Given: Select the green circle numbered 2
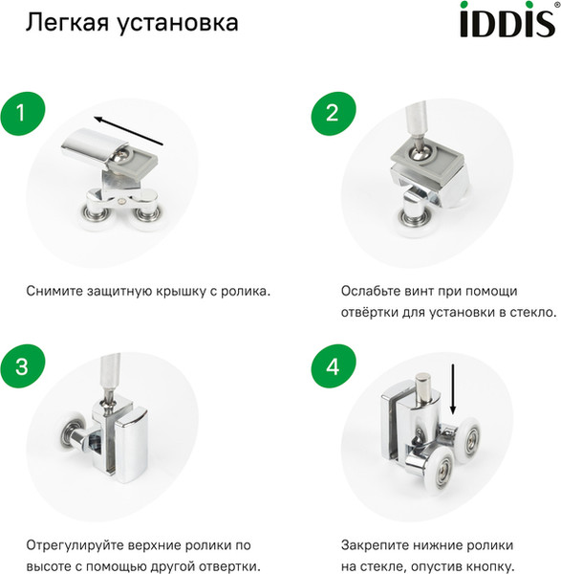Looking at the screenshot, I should [x=332, y=113].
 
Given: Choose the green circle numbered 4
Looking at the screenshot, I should [x=332, y=366].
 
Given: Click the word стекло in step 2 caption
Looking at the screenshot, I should [x=529, y=313].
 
